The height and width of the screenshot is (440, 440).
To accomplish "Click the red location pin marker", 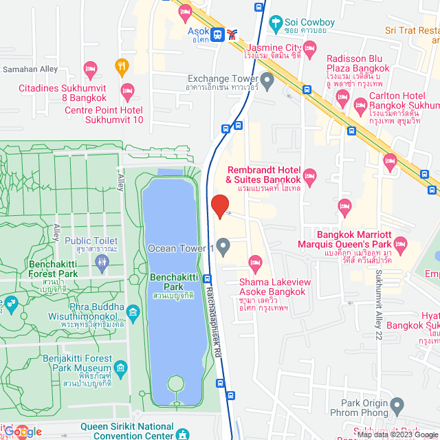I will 219,206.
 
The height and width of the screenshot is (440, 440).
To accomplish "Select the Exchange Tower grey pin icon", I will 268,80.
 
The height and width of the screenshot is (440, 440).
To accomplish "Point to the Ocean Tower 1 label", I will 181,248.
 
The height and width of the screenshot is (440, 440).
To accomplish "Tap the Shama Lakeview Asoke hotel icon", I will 256,261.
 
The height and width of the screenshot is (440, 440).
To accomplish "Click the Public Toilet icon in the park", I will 102,261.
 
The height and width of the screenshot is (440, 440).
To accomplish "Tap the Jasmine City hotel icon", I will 309,47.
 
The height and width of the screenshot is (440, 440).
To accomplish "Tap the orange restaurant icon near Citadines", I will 122,65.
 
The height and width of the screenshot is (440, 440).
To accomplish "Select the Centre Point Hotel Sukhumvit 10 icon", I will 127,90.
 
